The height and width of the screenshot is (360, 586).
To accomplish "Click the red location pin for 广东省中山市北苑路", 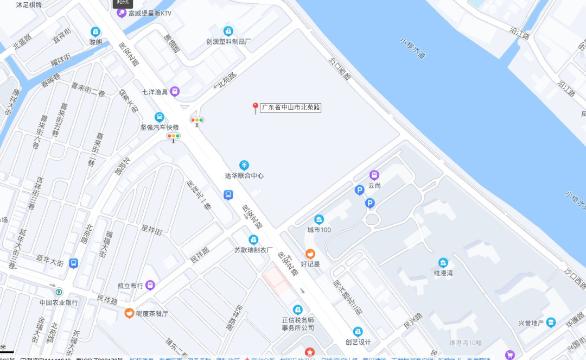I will click(255, 108).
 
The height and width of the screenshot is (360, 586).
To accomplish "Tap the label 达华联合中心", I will click(244, 176).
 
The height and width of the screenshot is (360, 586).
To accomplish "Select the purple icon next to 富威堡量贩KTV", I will click(122, 13).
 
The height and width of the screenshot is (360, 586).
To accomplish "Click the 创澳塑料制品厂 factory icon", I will click(228, 31).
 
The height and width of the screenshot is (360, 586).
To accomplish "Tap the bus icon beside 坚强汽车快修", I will click(159, 117).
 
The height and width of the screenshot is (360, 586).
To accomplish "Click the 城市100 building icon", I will click(319, 219).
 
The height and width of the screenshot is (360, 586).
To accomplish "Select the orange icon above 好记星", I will click(310, 254).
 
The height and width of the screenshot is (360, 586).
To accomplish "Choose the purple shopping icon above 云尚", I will click(374, 175).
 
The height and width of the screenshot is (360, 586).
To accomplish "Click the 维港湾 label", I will click(443, 273).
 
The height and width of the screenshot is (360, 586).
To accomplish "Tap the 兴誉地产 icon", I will click(551, 323).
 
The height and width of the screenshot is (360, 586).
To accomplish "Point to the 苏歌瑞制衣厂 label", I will click(253, 250).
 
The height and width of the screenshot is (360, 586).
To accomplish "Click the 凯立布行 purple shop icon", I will click(150, 285).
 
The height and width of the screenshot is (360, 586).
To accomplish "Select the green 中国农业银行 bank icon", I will click(58, 292).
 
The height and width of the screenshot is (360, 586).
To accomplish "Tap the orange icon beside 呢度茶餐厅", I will click(129, 313).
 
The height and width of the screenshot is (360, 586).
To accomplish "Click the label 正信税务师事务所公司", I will click(297, 324).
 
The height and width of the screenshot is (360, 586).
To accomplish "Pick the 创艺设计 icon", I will click(358, 332).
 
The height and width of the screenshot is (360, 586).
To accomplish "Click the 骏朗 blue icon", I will click(95, 31).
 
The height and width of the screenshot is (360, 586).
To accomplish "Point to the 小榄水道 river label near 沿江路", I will click(413, 48).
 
